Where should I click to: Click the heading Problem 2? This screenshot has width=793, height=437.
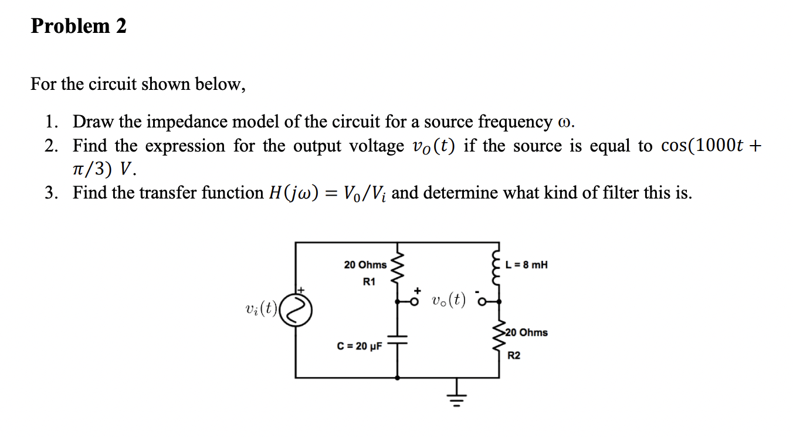click(79, 26)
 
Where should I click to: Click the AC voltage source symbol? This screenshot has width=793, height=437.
click(297, 310)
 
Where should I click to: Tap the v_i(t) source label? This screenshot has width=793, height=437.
click(260, 308)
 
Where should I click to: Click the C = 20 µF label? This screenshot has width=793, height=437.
click(359, 346)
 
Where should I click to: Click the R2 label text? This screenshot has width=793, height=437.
click(514, 355)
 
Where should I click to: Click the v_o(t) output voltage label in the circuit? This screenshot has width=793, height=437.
click(448, 300)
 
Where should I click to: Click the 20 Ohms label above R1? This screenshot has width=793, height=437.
click(365, 265)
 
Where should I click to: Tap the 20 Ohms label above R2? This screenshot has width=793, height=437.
click(526, 332)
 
